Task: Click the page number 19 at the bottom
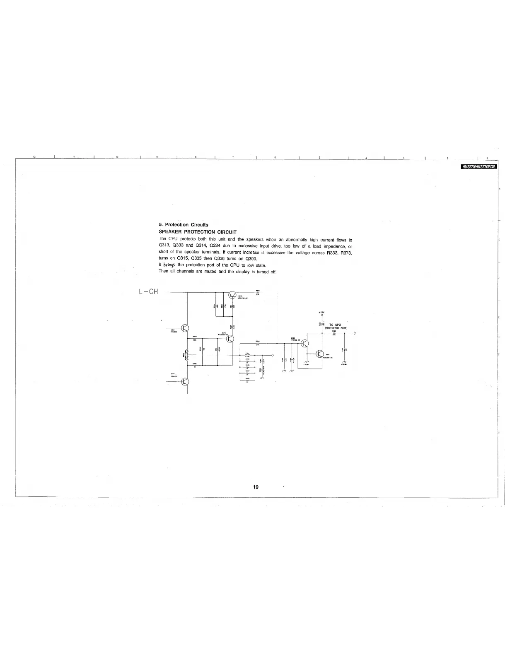point(256,487)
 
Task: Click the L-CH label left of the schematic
point(149,291)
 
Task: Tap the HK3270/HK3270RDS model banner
point(479,167)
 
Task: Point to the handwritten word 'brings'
point(169,265)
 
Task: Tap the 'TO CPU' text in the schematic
point(335,325)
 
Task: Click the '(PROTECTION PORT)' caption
point(336,328)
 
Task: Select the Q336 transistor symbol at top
point(232,295)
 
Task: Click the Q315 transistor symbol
point(230,339)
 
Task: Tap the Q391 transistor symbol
point(319,354)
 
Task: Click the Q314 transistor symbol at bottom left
point(185,381)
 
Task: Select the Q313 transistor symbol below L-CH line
point(185,328)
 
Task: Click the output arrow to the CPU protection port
point(355,333)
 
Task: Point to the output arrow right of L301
point(272,355)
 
